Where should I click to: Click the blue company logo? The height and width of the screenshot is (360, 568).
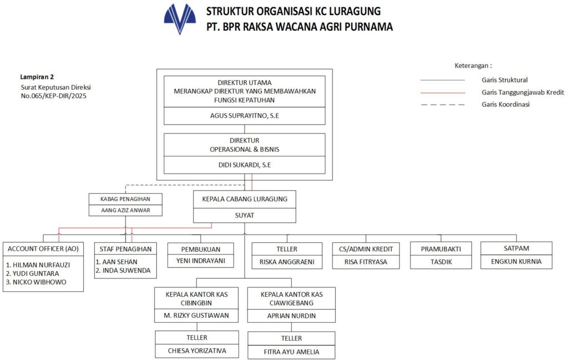180,19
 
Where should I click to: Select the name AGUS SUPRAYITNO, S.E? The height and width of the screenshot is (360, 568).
245,116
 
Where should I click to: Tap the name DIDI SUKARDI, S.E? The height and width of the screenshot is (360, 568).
245,165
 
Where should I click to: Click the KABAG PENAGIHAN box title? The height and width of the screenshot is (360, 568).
126,199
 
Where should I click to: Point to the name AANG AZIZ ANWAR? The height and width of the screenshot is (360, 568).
126,210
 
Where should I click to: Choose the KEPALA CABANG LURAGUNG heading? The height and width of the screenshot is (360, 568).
245,199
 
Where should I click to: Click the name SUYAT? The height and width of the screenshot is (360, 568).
245,215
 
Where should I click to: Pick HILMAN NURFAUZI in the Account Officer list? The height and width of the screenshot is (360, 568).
34,264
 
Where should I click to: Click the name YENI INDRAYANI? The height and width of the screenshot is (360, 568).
200,261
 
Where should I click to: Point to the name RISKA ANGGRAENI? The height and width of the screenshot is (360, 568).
287,261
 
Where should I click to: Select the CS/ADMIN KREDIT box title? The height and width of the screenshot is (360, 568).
366,249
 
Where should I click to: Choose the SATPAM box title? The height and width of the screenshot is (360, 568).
516,249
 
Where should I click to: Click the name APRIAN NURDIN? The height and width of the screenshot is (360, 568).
291,316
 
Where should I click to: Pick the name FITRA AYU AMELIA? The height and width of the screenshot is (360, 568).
291,351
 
